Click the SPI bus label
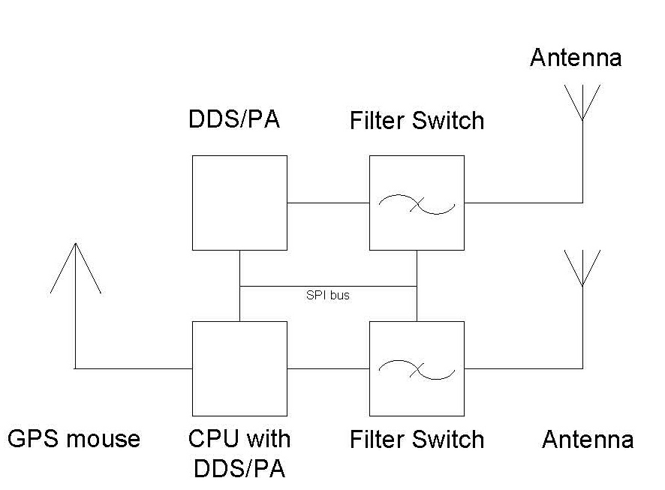click(328, 295)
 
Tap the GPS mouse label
click(74, 439)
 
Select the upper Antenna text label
click(576, 57)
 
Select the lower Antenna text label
click(588, 439)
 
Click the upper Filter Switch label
click(417, 120)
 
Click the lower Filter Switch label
click(417, 439)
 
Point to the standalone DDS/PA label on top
click(234, 119)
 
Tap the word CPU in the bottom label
click(212, 439)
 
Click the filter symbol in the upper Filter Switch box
click(417, 204)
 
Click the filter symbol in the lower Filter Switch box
click(417, 370)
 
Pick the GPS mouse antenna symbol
click(76, 305)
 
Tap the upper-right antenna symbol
click(582, 144)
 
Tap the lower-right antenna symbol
click(582, 309)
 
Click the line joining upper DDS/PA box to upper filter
click(328, 203)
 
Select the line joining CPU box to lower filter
click(328, 368)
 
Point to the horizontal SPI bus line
click(328, 287)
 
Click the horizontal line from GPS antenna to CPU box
click(134, 368)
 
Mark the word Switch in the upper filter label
click(448, 120)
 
